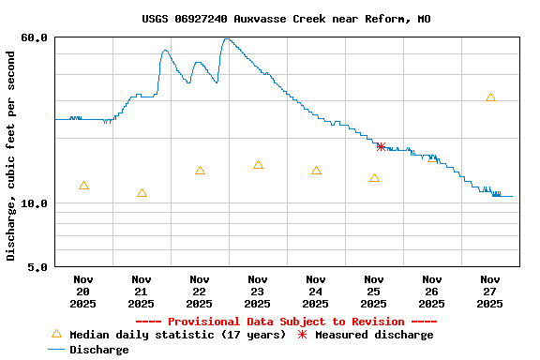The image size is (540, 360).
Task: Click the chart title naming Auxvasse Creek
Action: (287, 19)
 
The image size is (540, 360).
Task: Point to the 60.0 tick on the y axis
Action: (35, 37)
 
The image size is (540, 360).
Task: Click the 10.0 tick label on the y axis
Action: (35, 203)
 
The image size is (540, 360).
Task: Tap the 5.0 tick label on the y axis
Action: (38, 267)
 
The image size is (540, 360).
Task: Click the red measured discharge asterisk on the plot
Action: (381, 146)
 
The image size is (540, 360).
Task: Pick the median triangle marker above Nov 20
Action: (83, 186)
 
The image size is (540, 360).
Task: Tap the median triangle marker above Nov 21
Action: (142, 193)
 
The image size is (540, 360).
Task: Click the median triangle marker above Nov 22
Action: (200, 171)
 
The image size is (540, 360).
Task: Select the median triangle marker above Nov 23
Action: (258, 165)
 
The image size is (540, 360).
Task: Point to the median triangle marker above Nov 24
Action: (316, 171)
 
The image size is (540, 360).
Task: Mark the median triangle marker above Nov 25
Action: (374, 178)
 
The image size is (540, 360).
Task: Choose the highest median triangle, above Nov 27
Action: (490, 97)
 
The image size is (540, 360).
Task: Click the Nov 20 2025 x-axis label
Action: (83, 291)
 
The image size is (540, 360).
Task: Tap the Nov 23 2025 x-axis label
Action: (258, 291)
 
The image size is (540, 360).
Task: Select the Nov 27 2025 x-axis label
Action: (490, 291)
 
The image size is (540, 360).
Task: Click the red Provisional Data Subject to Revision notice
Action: (287, 322)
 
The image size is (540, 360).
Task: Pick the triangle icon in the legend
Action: (56, 334)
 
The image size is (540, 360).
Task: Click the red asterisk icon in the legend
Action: (302, 335)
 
